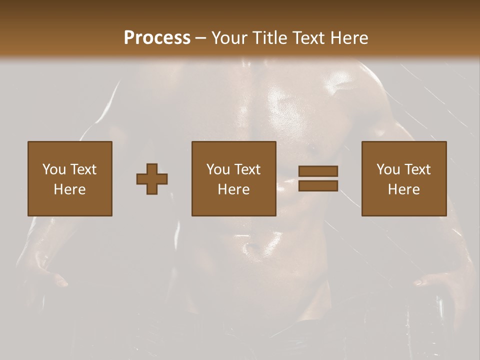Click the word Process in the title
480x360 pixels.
coord(157,38)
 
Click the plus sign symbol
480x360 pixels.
coord(152,179)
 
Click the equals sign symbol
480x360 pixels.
coord(318,178)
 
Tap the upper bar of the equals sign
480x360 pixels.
coord(318,171)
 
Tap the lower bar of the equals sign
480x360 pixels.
coord(318,185)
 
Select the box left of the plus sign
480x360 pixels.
coord(70,178)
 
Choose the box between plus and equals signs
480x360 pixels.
coord(234,178)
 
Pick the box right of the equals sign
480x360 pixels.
coord(404,178)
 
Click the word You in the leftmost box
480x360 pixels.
coord(54,169)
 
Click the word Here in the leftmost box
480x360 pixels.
coord(70,189)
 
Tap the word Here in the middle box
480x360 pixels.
coord(234,189)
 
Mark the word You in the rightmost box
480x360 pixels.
coord(388,169)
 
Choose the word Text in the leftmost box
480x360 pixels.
coord(83,169)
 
